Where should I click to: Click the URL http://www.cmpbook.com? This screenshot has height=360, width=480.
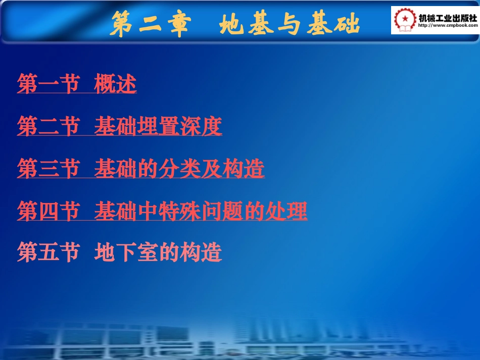coord(447,25)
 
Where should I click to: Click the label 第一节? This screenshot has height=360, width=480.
coord(49,84)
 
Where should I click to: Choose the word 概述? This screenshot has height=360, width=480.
coord(115,84)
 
